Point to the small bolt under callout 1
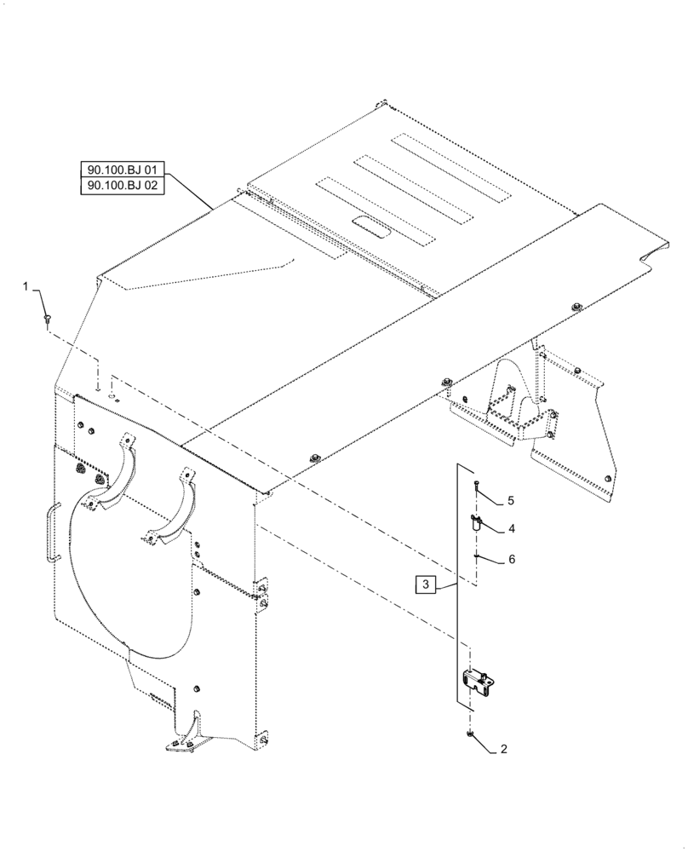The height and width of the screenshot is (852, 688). tap(46, 319)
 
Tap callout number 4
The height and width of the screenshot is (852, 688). tap(511, 528)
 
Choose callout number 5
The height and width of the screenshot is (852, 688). tap(511, 500)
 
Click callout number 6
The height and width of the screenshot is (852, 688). tap(511, 560)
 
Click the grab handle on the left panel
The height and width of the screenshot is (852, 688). tap(52, 531)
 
